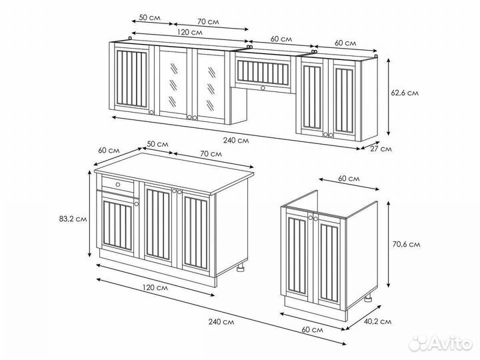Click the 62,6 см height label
[x=405, y=93]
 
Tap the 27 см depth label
[x=381, y=149]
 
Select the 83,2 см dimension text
[x=73, y=219]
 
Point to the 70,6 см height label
[x=406, y=244]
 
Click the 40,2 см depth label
[x=377, y=321]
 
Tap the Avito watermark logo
[x=441, y=343]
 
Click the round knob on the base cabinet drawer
[x=118, y=185]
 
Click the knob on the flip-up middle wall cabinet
[x=263, y=88]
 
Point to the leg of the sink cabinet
[x=368, y=298]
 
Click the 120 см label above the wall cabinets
[x=190, y=32]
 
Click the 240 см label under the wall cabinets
[x=236, y=141]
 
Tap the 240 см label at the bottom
[x=221, y=322]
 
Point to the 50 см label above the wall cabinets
[x=150, y=18]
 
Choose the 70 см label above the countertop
[x=211, y=153]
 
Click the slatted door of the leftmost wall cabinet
[x=131, y=78]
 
